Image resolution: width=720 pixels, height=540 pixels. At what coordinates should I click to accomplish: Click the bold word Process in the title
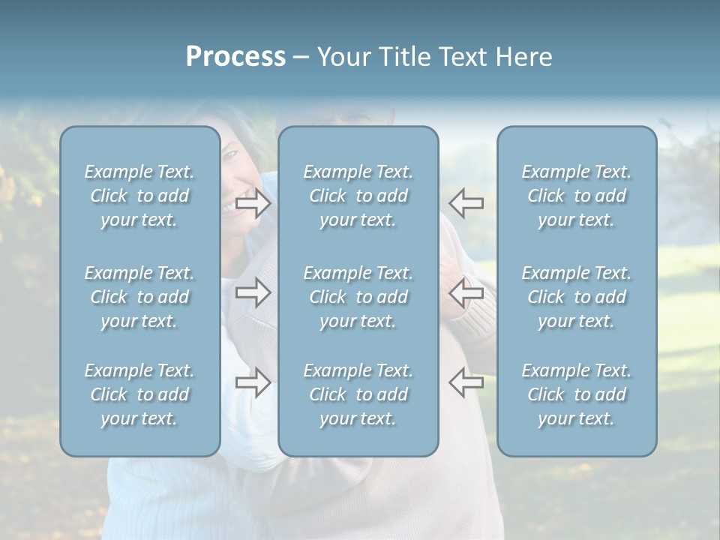(235, 57)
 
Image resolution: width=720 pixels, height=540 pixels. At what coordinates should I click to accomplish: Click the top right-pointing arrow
(253, 203)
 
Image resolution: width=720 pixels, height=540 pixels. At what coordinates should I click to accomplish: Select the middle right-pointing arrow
(253, 292)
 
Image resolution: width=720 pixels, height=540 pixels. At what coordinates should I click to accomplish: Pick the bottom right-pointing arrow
(253, 382)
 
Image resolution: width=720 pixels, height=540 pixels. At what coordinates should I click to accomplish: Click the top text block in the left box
(139, 196)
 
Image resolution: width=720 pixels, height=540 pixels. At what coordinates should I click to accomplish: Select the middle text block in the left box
(139, 297)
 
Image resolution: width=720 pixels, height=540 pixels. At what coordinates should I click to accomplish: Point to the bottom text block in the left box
(139, 394)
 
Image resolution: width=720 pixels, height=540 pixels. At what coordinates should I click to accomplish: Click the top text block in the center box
(358, 196)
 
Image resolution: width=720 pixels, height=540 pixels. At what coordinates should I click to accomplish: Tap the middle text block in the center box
(358, 297)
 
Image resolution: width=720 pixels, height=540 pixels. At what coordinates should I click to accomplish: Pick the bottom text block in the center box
(358, 394)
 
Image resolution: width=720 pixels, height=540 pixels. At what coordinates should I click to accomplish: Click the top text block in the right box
(576, 196)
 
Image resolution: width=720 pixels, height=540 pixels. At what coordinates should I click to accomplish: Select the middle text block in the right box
(576, 297)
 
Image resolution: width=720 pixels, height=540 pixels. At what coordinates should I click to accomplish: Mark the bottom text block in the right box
(576, 394)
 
